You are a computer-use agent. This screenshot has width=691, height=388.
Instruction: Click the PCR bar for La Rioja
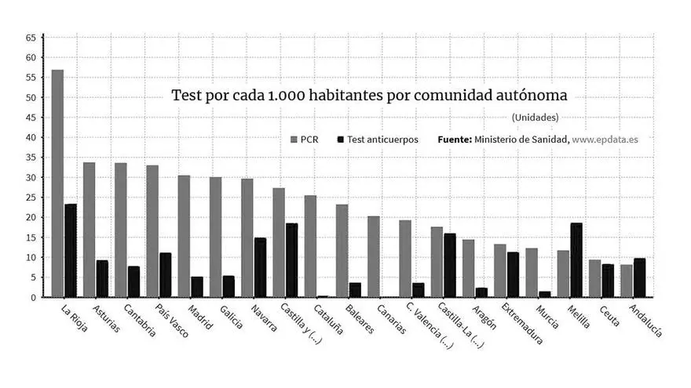[x=57, y=183]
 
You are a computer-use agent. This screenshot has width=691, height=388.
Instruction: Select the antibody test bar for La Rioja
[x=71, y=251]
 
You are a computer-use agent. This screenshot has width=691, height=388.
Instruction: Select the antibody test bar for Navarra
[x=260, y=267]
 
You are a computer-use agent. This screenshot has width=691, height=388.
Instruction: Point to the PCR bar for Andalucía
[x=626, y=281]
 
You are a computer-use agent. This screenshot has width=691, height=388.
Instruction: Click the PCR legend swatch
[x=294, y=140]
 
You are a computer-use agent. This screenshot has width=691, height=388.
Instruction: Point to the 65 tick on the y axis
[x=31, y=38]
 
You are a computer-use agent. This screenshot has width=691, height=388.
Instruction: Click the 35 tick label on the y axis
[x=31, y=158]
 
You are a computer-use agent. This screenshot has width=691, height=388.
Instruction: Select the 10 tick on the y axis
[x=31, y=258]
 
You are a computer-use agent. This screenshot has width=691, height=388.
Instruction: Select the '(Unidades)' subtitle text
[x=535, y=118]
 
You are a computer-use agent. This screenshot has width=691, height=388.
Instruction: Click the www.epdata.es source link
[x=605, y=140]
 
